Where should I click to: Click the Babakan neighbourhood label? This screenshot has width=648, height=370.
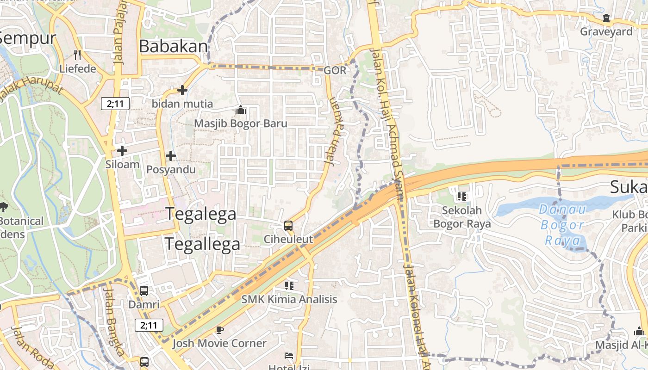(174, 46)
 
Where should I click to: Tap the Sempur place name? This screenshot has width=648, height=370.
(28, 38)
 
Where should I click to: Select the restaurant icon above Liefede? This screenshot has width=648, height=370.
(77, 55)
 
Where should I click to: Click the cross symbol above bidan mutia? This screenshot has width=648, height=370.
(182, 90)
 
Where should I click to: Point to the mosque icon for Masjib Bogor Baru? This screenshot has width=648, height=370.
(240, 110)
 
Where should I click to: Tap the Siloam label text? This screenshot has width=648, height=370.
(122, 164)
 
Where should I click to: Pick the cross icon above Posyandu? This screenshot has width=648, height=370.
(171, 156)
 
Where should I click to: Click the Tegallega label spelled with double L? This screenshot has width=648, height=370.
(203, 244)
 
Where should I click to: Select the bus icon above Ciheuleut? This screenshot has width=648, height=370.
(288, 226)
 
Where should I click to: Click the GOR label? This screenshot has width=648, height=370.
(335, 70)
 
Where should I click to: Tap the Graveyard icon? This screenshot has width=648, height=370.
(606, 18)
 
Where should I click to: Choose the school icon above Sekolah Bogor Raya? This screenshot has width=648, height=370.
(461, 197)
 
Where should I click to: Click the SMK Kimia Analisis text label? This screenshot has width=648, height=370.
(289, 299)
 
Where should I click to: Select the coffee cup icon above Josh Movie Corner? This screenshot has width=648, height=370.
(219, 330)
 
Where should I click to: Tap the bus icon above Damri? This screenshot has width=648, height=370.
(144, 291)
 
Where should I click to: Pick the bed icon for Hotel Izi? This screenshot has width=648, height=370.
(288, 356)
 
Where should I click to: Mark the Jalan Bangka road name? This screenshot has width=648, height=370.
(114, 321)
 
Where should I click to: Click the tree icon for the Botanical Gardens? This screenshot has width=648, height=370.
(4, 207)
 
